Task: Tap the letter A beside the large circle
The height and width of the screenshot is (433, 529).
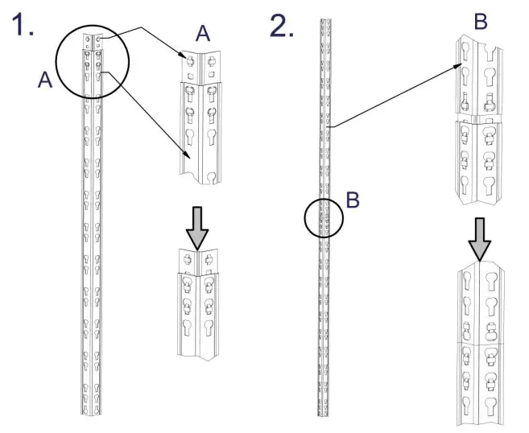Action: (44, 80)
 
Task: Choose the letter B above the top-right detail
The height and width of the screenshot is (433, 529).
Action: (481, 23)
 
